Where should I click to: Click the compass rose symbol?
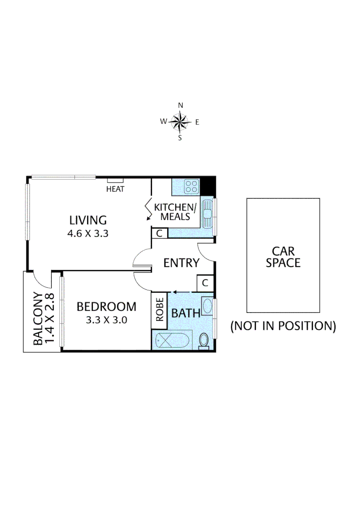tap(180, 122)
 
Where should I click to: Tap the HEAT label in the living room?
tap(115, 189)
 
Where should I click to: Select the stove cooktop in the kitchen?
tap(191, 186)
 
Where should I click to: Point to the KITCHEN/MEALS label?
tap(175, 212)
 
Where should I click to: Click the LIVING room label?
tap(88, 220)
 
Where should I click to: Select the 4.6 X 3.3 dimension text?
tap(88, 233)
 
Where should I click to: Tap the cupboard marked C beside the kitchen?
tap(160, 233)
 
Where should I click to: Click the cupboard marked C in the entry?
tap(205, 283)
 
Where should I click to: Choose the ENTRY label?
tap(181, 263)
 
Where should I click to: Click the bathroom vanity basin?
tap(207, 307)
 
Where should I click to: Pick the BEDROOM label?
tap(106, 307)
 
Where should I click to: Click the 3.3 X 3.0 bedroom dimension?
tap(106, 320)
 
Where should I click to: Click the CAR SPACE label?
tap(283, 257)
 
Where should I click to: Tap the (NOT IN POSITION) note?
tap(283, 326)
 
